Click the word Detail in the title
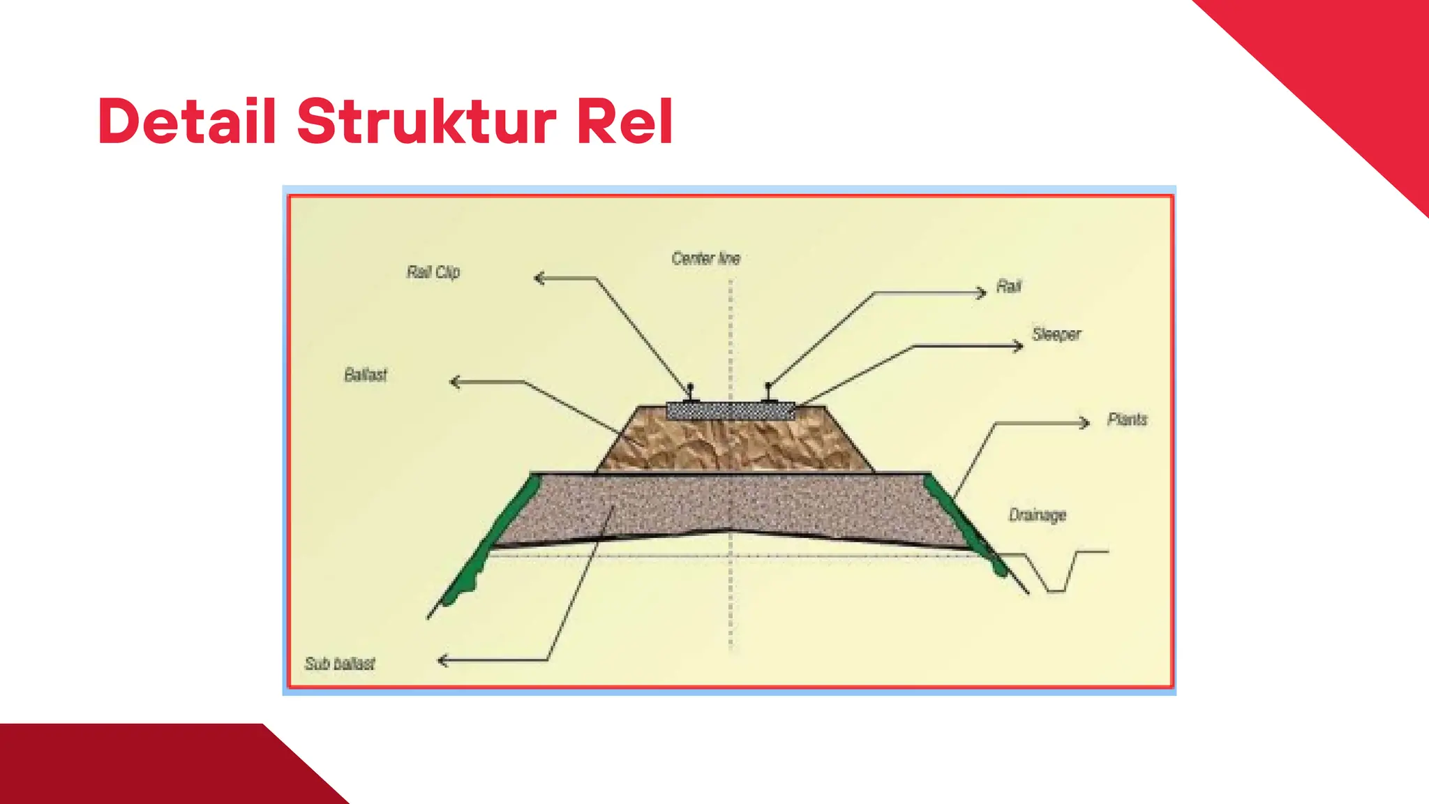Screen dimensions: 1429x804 click(187, 121)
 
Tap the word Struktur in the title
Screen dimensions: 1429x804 click(427, 121)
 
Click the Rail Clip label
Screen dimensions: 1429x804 click(433, 272)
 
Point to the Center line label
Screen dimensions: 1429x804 click(705, 258)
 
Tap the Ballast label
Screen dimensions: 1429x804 click(366, 375)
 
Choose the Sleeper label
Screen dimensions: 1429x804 click(1056, 334)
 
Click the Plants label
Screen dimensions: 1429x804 click(1128, 419)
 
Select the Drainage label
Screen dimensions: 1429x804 click(1038, 515)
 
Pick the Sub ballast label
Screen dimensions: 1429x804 click(340, 663)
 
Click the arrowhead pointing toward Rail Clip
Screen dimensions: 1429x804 click(539, 278)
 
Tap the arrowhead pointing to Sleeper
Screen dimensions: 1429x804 click(1018, 345)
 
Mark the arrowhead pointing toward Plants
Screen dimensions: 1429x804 click(1084, 422)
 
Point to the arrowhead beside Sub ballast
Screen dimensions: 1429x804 click(443, 660)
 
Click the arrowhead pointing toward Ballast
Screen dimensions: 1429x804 click(456, 382)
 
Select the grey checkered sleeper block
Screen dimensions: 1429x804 click(731, 410)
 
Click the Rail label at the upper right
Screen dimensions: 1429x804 click(1009, 286)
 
